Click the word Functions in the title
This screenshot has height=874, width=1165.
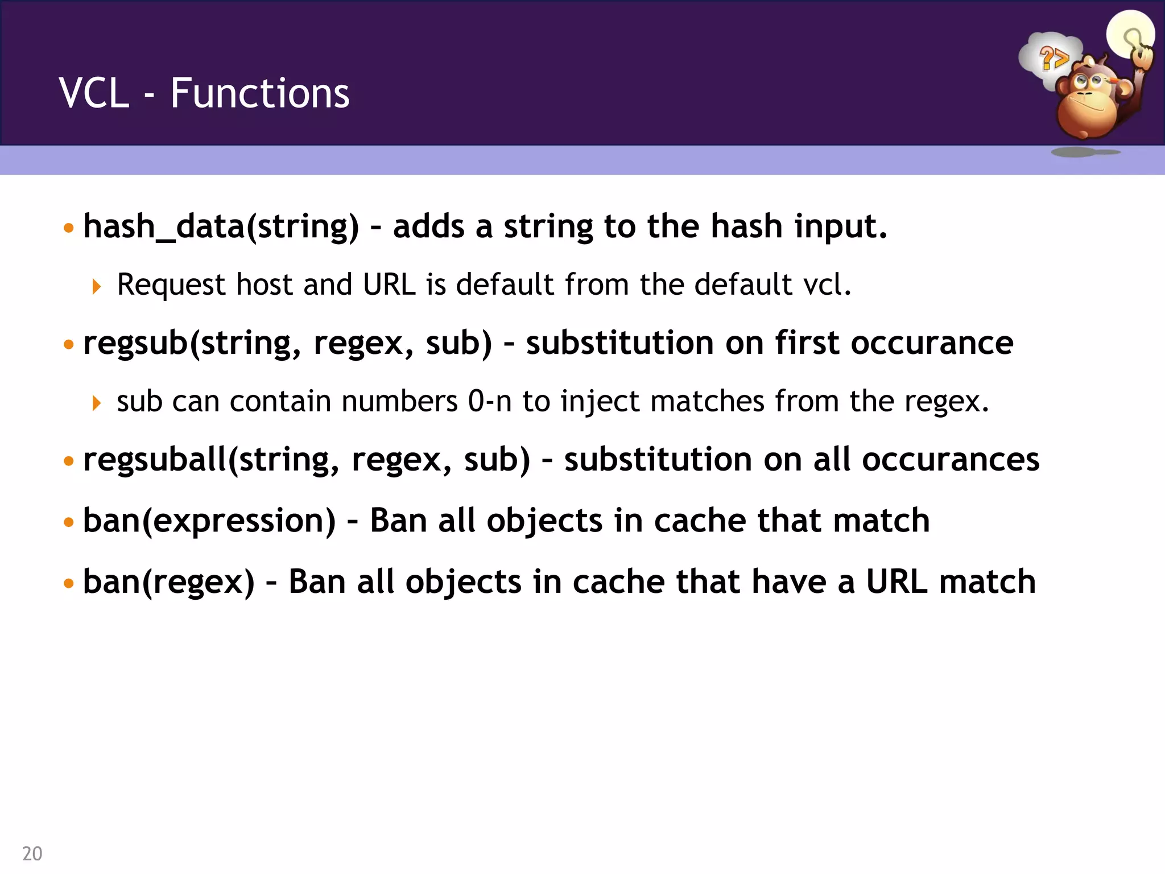tap(260, 93)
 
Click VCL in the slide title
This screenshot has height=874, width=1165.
tap(94, 93)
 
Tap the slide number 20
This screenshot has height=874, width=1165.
tap(32, 854)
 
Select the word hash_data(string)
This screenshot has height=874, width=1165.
tap(221, 227)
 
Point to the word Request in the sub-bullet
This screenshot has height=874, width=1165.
tap(171, 285)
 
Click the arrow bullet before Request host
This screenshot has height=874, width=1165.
tap(96, 286)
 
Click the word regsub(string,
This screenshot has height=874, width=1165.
tap(192, 344)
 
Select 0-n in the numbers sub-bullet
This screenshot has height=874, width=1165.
tap(489, 401)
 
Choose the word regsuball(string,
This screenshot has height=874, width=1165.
tap(211, 460)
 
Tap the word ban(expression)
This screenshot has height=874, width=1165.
tap(209, 521)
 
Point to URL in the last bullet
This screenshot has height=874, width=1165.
tap(897, 582)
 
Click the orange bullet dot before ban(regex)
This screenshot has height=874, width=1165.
tap(69, 583)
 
